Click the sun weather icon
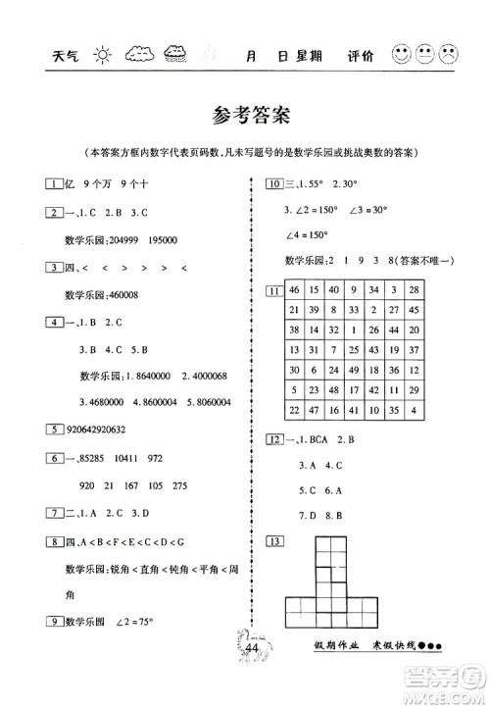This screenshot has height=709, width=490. (105, 54)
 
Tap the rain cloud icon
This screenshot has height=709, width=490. (180, 54)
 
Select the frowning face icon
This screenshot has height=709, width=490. (449, 54)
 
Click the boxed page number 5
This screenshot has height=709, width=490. (49, 427)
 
